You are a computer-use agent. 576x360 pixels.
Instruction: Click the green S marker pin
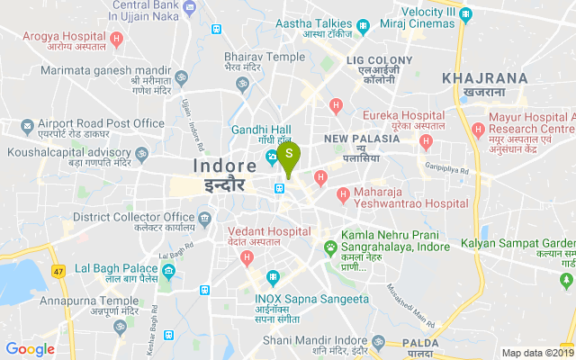pyautogui.click(x=288, y=155)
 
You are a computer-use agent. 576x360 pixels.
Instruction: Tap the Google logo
pyautogui.click(x=30, y=349)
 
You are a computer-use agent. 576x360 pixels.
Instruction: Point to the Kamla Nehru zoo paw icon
pyautogui.click(x=330, y=246)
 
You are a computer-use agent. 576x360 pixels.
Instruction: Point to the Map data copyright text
pyautogui.click(x=536, y=354)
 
